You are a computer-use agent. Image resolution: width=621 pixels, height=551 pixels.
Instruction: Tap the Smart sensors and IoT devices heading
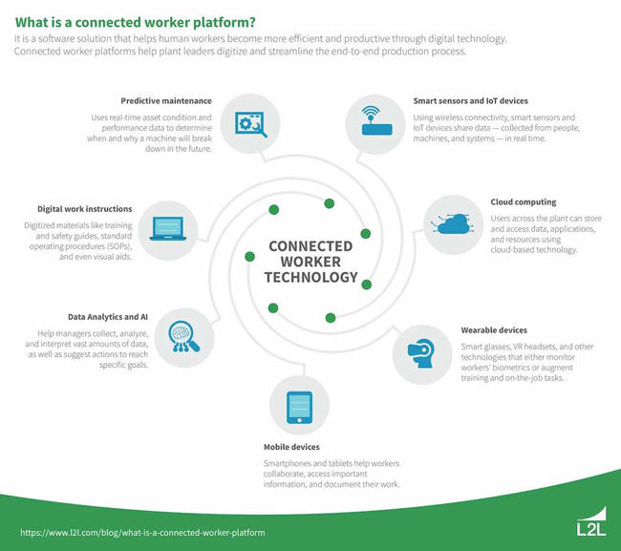pos(470,100)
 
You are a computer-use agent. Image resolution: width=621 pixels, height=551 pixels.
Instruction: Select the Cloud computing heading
pos(524,202)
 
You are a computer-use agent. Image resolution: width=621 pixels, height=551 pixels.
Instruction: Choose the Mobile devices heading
pos(291,446)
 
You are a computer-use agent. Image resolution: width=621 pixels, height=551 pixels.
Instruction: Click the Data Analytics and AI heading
pos(108,314)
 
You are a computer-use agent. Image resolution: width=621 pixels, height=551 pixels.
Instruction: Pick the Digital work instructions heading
pos(85,208)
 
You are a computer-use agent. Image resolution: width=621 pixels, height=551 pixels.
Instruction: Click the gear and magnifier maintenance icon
pos(250,123)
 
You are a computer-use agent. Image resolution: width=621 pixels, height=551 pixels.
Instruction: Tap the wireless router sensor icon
pos(375,123)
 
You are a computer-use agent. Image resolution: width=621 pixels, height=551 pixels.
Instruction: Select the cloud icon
pos(453,224)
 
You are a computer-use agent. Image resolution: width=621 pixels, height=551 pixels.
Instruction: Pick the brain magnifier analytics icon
pos(181,335)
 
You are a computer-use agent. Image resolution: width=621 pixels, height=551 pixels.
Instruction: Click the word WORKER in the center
pos(310,262)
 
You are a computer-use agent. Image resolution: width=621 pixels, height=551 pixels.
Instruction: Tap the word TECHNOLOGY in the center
pos(310,278)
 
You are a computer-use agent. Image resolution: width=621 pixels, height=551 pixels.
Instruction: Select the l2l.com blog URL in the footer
pos(142,532)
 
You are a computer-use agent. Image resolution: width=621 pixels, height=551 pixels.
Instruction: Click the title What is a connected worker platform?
pos(148,20)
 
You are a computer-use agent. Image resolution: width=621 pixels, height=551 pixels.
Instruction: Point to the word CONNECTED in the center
pos(310,245)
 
